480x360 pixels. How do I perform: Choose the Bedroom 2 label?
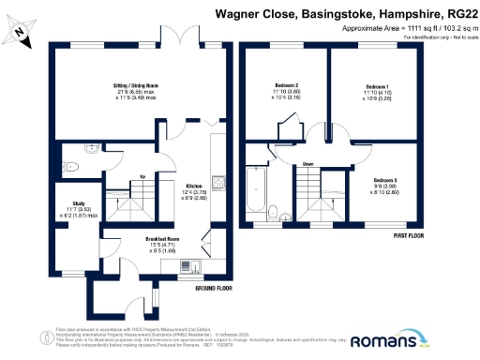click(286, 86)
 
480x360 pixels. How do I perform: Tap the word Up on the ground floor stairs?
click(141, 176)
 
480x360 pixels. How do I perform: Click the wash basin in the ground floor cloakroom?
click(92, 149)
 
